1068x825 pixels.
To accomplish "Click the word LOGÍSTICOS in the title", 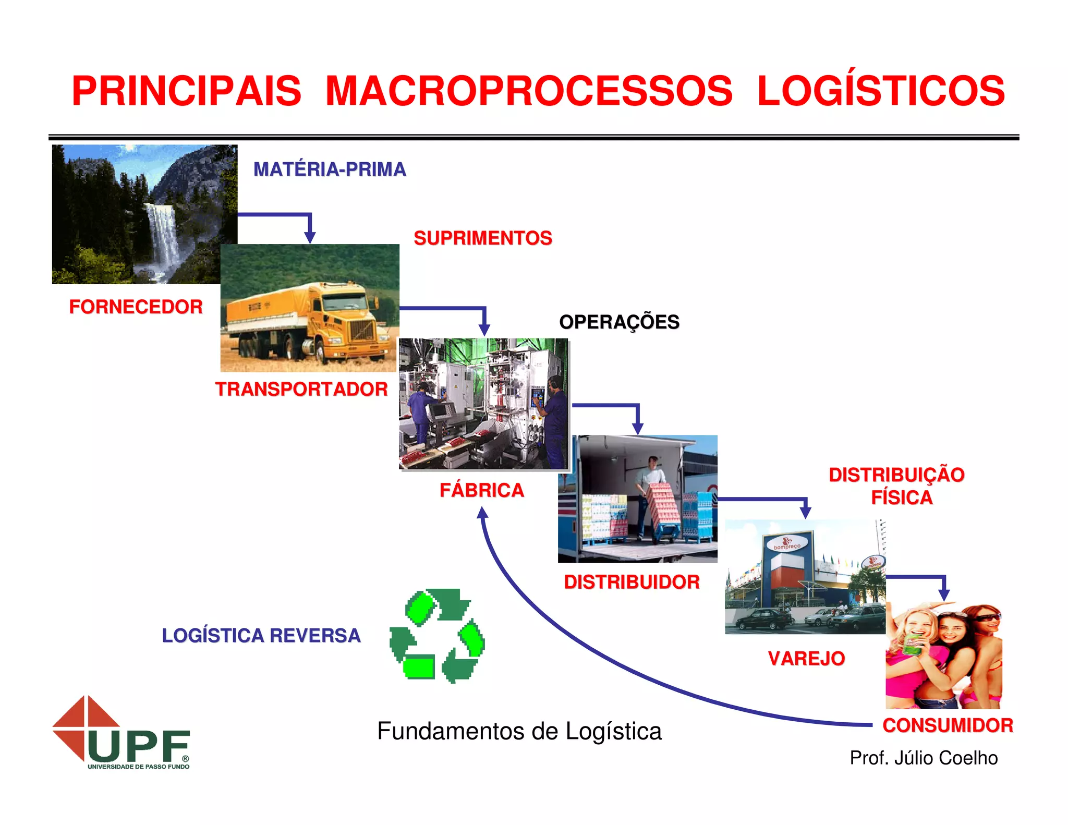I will coord(880,91).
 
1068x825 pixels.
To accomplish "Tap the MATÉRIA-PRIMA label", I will coord(330,169).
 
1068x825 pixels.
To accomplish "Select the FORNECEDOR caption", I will coord(136,307).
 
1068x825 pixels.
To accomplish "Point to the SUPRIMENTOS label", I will coord(482,238).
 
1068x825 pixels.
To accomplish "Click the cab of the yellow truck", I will coord(344,313).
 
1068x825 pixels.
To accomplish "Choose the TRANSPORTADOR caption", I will coord(301,389).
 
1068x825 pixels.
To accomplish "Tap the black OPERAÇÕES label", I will coord(619,322).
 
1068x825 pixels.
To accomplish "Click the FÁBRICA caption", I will coord(481,490).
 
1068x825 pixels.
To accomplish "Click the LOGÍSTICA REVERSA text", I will coord(261,636).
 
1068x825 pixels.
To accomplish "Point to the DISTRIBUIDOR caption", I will coord(632,582).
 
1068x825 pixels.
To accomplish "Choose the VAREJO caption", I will coord(806,659).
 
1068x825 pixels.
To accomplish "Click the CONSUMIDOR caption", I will coord(948,725).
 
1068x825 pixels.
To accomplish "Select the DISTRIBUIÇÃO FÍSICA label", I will coord(897,486).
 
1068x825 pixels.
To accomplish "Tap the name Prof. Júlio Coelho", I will coord(924,758).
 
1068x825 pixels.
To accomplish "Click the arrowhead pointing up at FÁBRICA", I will coord(482,513).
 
